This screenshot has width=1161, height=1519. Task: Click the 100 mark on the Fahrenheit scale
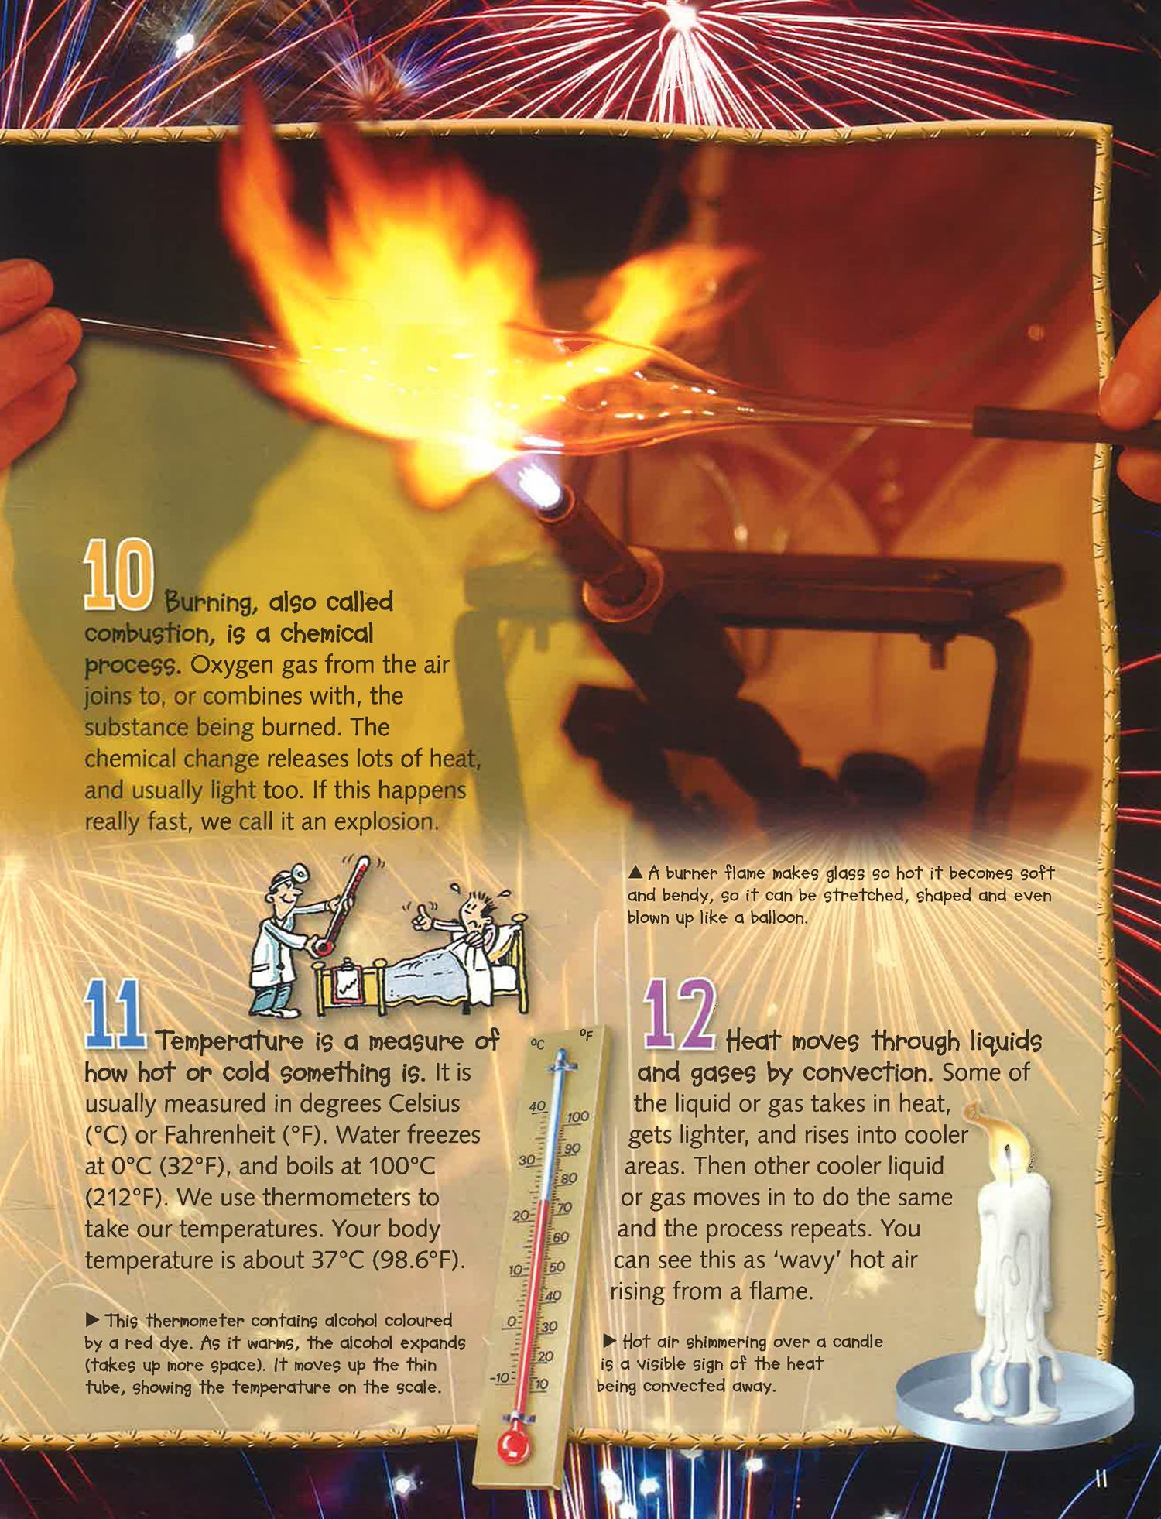pos(577,1117)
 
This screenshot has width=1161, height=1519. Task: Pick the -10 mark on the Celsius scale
pos(501,1377)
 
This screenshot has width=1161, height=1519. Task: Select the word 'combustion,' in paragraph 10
pos(147,634)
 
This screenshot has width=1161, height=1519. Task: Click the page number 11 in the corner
pos(1101,1477)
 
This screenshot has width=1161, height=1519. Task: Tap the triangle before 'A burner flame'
pos(635,873)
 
